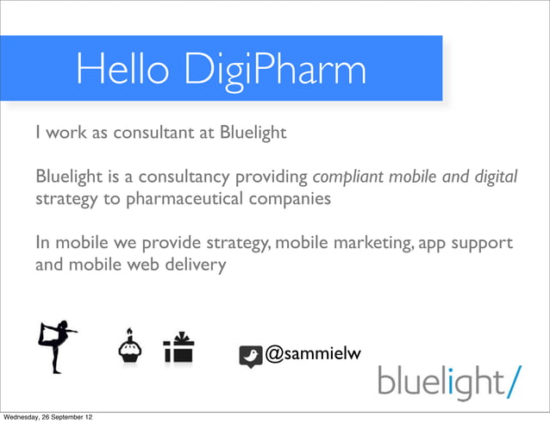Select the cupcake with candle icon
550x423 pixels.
tap(130, 347)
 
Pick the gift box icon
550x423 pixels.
tap(178, 348)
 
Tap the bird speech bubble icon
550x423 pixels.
tap(250, 356)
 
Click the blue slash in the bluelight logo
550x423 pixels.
tap(514, 379)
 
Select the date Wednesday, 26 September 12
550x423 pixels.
tap(47, 417)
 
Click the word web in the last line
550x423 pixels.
tap(143, 264)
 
